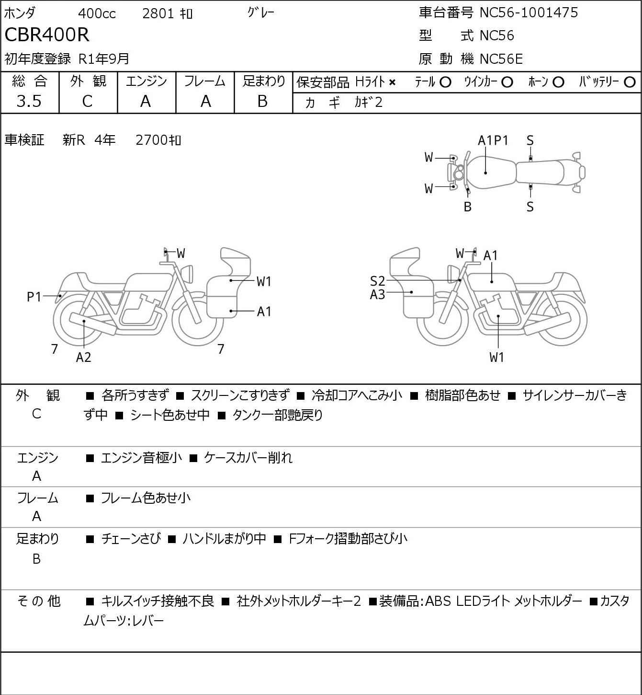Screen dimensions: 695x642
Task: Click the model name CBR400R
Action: click(47, 35)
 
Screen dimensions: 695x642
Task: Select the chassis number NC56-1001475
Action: click(529, 12)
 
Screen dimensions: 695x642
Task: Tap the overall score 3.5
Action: click(29, 101)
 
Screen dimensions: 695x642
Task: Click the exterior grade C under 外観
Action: click(87, 101)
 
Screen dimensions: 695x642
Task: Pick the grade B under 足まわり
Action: click(262, 101)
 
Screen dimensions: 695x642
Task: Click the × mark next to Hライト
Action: click(392, 82)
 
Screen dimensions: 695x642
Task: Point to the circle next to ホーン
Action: click(558, 82)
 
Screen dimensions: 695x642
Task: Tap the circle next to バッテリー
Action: click(630, 82)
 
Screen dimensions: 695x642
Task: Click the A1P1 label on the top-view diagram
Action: click(493, 140)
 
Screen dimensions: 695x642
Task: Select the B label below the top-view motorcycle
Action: click(468, 207)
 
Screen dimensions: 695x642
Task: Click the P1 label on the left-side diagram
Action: click(34, 297)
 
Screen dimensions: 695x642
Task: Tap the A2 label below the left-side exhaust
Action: click(83, 357)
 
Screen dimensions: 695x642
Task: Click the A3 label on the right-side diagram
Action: click(377, 294)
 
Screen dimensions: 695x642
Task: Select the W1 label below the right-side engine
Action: click(497, 357)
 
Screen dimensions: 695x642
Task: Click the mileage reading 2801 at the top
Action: click(158, 13)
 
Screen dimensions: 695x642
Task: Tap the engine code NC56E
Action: click(501, 59)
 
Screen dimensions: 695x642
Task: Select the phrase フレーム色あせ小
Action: click(145, 498)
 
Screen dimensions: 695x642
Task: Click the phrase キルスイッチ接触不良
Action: click(158, 601)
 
